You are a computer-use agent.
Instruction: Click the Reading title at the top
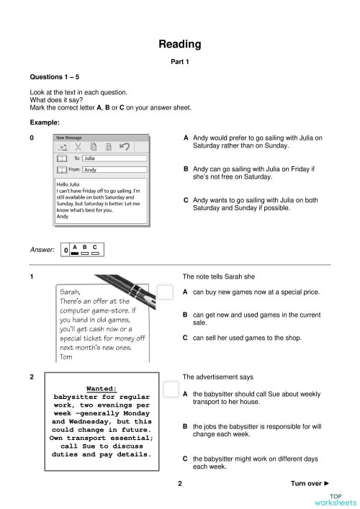(179, 45)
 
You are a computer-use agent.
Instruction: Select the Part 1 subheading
(179, 62)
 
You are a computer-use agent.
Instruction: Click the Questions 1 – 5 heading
(54, 76)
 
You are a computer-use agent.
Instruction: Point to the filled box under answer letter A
(74, 253)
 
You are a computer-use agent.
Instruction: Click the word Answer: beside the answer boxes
(42, 250)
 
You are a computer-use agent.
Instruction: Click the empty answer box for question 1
(166, 292)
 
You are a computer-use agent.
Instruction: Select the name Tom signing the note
(66, 356)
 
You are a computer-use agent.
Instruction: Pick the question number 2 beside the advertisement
(32, 377)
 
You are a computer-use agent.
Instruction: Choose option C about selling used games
(242, 338)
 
